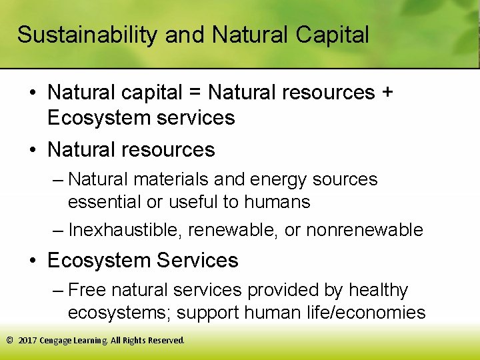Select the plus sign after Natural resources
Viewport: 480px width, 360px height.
click(387, 92)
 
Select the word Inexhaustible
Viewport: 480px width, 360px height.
click(125, 230)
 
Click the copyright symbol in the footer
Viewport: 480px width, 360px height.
click(9, 340)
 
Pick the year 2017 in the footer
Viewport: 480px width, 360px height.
click(27, 340)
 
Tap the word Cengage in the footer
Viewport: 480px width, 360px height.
click(56, 341)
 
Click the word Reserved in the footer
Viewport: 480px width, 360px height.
click(165, 340)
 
